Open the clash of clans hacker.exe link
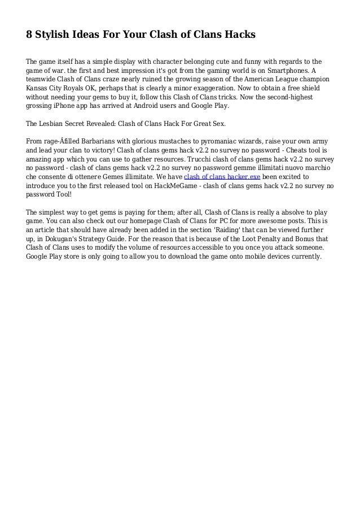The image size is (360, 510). click(222, 176)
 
